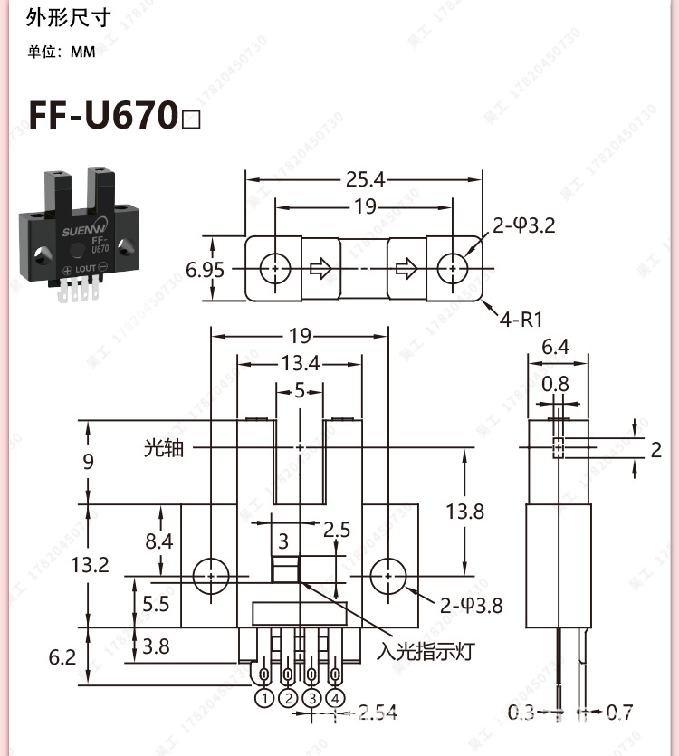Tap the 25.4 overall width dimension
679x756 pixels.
[365, 179]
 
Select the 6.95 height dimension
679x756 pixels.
[206, 269]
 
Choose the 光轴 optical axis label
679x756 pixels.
[163, 447]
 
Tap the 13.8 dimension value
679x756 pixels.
[464, 512]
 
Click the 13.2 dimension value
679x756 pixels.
[89, 565]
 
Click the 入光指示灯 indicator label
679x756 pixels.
[426, 651]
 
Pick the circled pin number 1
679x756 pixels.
[264, 698]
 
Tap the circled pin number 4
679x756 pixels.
[336, 698]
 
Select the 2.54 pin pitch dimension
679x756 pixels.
[378, 713]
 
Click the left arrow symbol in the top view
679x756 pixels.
[320, 269]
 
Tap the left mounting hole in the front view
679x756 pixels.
[211, 575]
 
